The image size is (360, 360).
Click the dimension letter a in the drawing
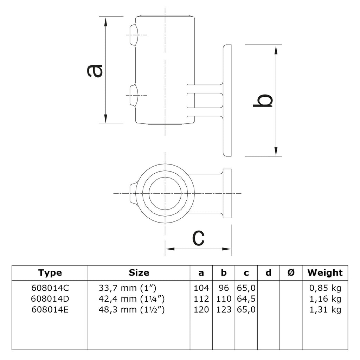click(95, 70)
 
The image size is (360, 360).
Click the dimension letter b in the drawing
click(263, 101)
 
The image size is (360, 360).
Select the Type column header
click(50, 272)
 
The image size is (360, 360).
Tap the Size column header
click(139, 272)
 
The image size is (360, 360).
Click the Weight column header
click(325, 272)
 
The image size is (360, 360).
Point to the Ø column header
click(291, 272)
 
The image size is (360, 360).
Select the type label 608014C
click(50, 288)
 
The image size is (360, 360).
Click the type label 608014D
click(50, 299)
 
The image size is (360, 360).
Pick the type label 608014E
click(50, 310)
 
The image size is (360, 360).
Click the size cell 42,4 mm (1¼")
click(132, 299)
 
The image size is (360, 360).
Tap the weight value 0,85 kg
click(325, 288)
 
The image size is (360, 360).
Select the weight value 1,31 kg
click(325, 310)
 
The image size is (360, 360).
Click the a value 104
click(201, 288)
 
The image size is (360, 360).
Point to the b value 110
click(224, 299)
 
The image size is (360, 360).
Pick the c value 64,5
click(246, 299)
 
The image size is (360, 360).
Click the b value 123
click(224, 310)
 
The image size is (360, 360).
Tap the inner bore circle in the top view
click(165, 193)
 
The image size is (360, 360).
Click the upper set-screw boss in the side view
click(133, 35)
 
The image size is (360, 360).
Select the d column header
click(268, 272)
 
